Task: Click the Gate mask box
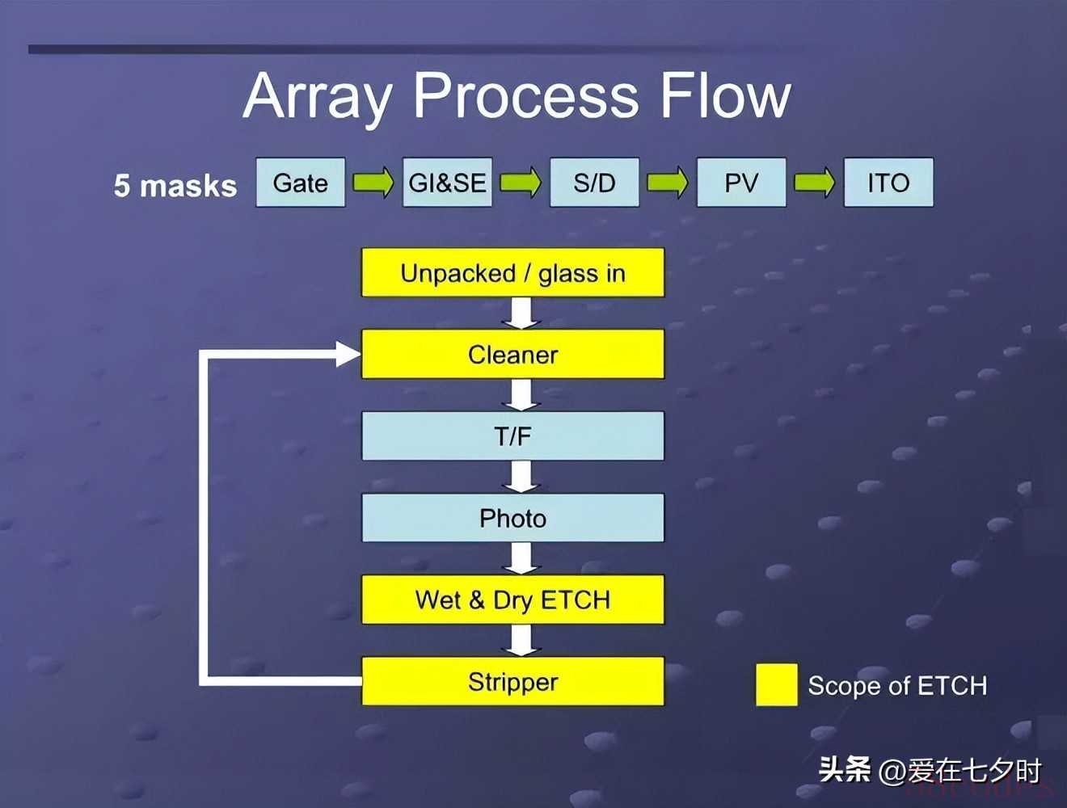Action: click(x=301, y=182)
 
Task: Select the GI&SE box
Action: click(x=447, y=182)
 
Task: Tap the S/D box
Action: click(x=594, y=182)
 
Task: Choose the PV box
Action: click(x=741, y=182)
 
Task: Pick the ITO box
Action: click(x=888, y=182)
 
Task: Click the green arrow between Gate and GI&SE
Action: click(x=373, y=182)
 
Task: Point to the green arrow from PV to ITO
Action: click(x=815, y=182)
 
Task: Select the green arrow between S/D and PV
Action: click(x=668, y=182)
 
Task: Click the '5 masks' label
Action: click(x=175, y=186)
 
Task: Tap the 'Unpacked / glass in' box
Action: click(x=512, y=272)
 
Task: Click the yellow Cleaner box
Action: click(x=512, y=354)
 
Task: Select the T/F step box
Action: click(x=512, y=436)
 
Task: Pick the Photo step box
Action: click(x=512, y=518)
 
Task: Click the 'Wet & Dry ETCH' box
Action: click(x=512, y=600)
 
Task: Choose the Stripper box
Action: click(x=512, y=681)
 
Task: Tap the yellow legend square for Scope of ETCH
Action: click(x=777, y=684)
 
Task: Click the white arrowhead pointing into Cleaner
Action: click(x=348, y=354)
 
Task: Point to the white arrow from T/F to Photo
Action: click(x=521, y=477)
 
